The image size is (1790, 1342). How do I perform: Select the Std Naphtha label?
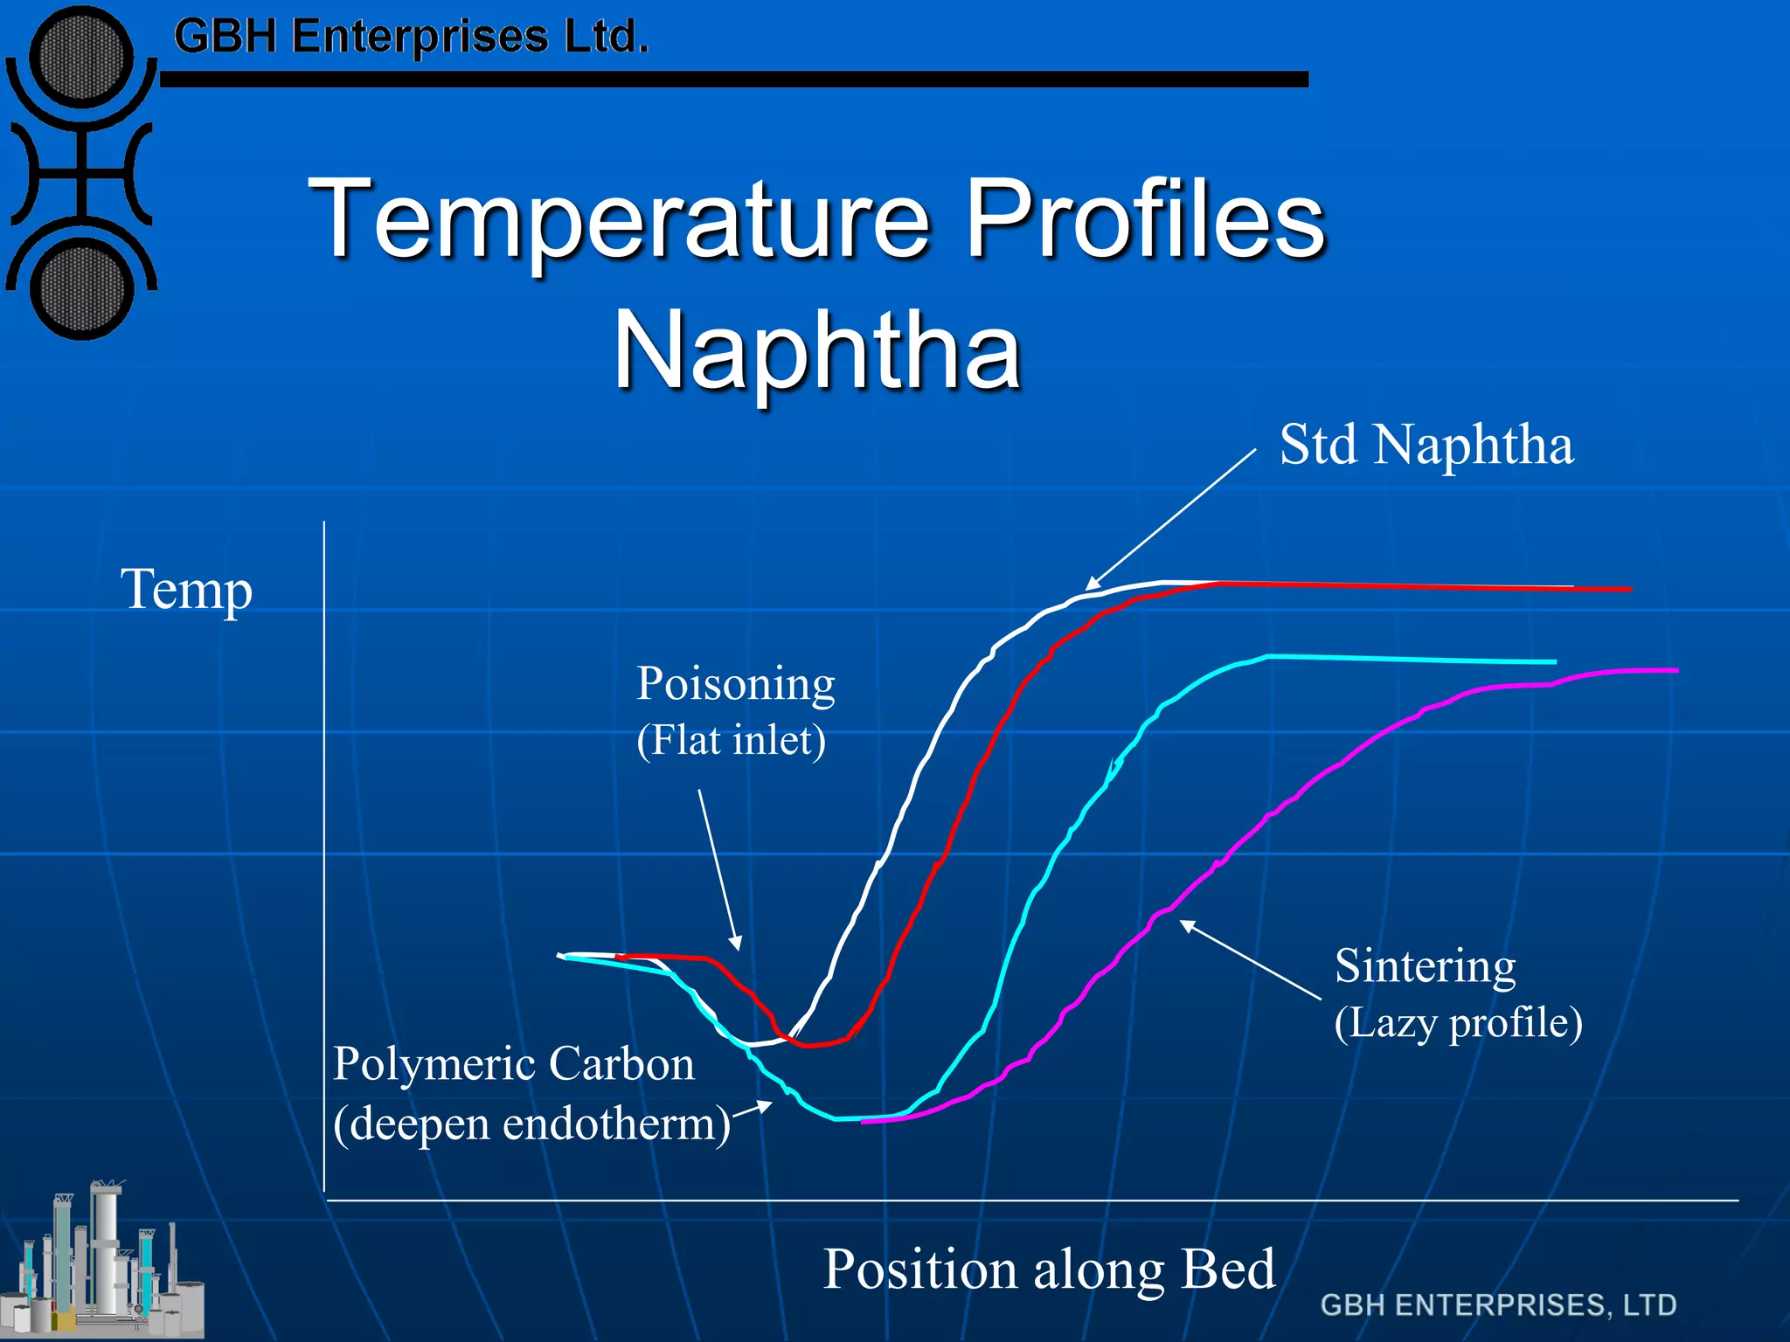1426,446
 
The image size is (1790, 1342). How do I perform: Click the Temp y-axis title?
186,590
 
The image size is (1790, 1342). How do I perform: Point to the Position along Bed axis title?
1049,1269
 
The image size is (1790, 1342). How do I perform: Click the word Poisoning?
735,683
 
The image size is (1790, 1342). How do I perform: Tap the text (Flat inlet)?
731,741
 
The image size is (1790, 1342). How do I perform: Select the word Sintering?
1425,966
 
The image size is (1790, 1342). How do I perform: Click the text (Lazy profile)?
1458,1023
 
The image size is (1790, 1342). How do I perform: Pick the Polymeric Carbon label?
513,1064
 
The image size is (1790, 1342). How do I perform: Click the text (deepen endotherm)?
531,1124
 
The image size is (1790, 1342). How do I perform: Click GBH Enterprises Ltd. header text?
411,38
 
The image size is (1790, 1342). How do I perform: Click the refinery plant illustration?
105,1262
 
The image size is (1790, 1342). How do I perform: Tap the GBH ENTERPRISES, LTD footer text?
1498,1305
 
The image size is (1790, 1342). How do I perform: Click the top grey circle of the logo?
80,59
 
